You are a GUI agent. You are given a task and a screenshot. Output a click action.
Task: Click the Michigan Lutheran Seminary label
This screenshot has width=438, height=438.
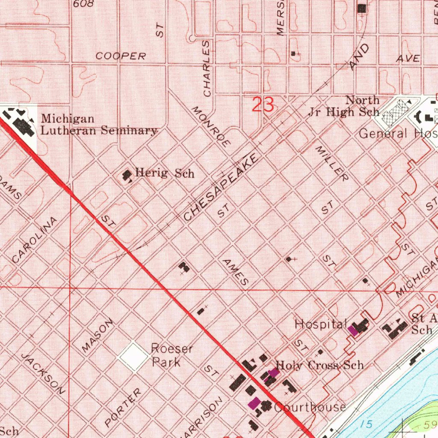(99, 124)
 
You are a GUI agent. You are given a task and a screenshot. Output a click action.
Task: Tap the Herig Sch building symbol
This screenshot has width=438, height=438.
(127, 175)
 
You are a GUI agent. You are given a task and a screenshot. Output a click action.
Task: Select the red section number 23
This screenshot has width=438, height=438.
(263, 105)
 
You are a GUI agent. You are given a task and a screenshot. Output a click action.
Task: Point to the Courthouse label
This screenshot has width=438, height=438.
(310, 407)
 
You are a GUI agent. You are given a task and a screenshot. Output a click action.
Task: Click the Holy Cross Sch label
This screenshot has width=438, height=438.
(320, 365)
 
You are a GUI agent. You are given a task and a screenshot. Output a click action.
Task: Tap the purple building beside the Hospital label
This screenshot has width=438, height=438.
(353, 330)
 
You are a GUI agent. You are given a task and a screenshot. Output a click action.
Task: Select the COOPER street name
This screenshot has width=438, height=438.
(121, 56)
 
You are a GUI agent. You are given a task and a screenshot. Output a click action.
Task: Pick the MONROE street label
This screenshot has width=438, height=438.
(212, 127)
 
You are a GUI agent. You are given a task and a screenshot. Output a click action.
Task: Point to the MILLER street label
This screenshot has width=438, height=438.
(332, 163)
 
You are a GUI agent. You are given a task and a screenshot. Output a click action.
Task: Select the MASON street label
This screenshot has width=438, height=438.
(98, 335)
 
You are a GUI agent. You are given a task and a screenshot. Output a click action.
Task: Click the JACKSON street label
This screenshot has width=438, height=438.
(44, 373)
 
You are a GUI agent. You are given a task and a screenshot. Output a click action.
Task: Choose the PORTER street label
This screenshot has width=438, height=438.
(123, 408)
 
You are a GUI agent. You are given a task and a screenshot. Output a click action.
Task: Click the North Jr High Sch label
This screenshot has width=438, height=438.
(344, 107)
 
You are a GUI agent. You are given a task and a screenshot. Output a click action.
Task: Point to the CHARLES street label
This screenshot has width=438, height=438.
(207, 68)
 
